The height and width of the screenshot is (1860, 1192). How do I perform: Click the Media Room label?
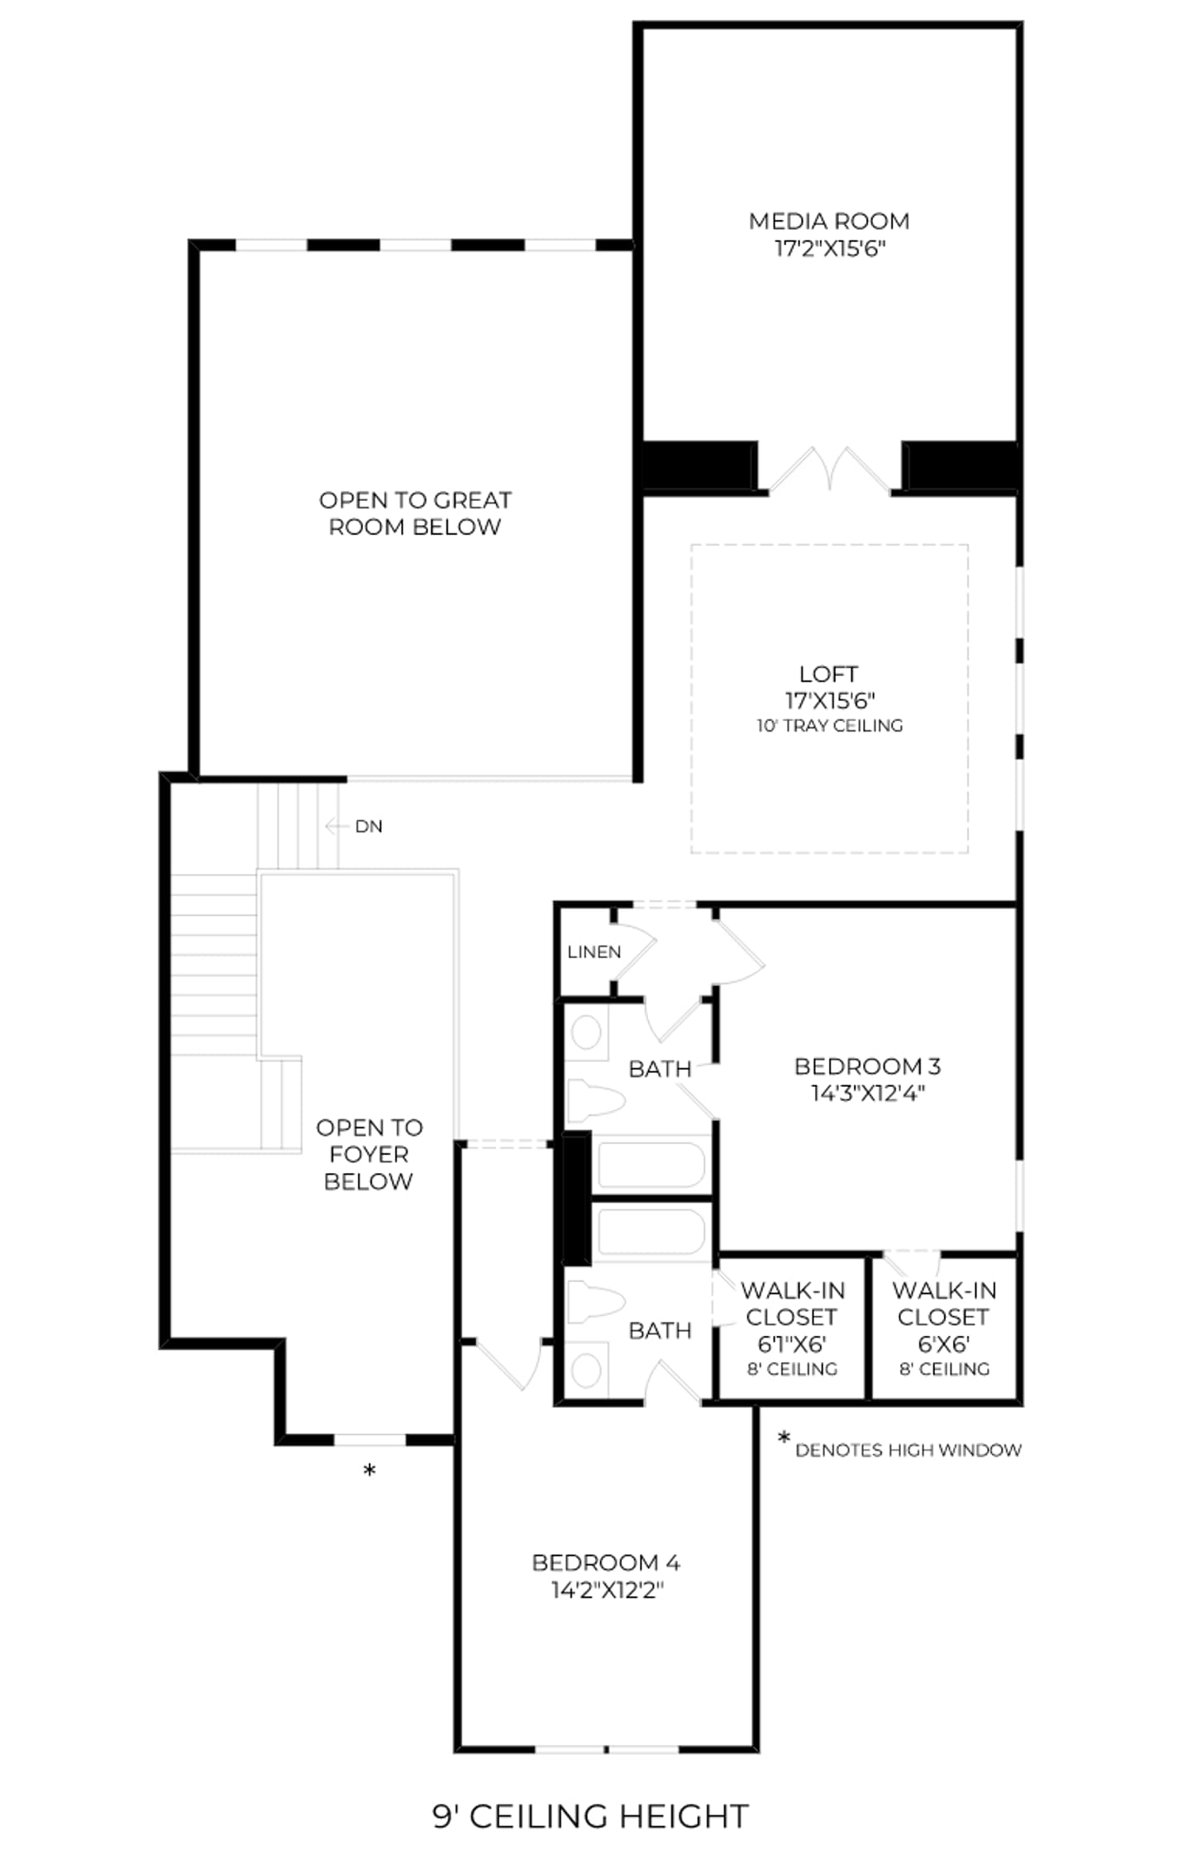828,221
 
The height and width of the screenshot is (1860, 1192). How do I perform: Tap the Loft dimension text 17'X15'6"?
829,700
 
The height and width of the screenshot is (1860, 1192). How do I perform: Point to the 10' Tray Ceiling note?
829,726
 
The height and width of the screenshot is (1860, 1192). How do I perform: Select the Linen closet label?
594,951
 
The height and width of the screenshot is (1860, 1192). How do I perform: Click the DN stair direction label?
369,826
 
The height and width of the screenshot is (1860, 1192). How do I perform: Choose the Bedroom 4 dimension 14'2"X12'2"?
608,1590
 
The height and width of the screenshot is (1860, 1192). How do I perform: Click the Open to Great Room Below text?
415,513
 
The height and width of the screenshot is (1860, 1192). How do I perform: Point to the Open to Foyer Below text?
369,1154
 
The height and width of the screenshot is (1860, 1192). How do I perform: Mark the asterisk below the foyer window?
370,1471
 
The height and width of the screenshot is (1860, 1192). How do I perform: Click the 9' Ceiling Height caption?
591,1816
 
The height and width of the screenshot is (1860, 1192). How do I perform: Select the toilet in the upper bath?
595,1099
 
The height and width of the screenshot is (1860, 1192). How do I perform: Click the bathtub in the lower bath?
651,1233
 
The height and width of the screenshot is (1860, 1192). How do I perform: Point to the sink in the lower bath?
586,1370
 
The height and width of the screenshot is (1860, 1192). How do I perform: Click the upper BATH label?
660,1069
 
